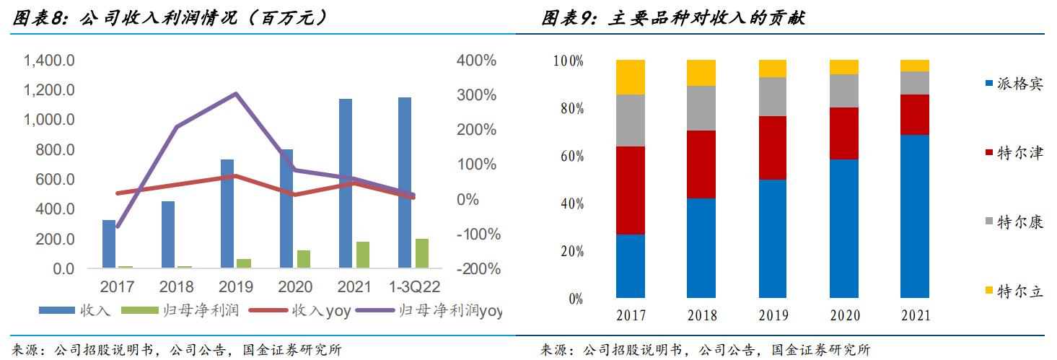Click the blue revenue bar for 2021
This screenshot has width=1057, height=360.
click(346, 183)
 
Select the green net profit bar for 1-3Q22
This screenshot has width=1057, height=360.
click(422, 253)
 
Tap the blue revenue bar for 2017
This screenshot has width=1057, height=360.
click(109, 244)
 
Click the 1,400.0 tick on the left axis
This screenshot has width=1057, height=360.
click(49, 61)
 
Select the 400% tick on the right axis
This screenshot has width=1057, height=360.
click(476, 61)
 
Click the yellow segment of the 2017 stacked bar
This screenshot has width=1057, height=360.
click(631, 77)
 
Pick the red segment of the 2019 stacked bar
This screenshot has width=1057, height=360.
click(773, 147)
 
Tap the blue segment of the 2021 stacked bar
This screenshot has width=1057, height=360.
click(915, 216)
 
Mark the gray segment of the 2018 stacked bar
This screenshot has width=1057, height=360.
click(701, 108)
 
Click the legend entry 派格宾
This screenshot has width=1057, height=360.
click(1014, 84)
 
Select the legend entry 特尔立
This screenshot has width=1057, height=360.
click(1014, 291)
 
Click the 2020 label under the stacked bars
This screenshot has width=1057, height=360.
click(843, 315)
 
